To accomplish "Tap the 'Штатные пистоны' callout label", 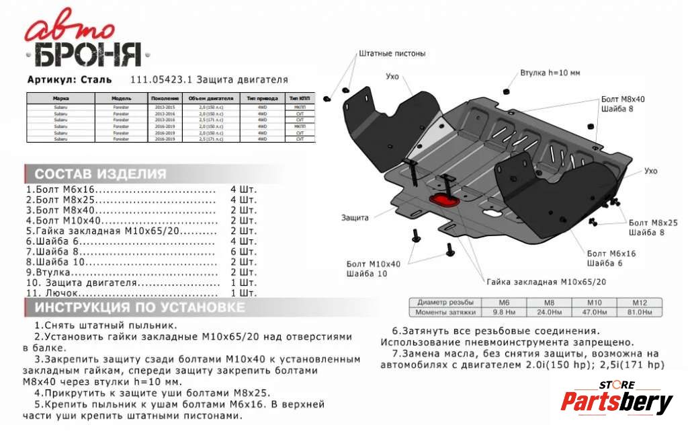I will click(x=392, y=53).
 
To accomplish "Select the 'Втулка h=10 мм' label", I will click(x=550, y=72).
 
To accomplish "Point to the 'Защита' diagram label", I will click(x=354, y=218).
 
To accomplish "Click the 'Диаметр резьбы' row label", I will click(x=445, y=303).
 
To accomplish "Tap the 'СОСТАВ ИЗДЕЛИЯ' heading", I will click(x=100, y=174).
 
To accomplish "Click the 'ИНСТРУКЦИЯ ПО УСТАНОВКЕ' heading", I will click(x=140, y=308).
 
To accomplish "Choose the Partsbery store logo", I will click(x=616, y=399).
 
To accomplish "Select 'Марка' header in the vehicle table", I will click(x=60, y=97).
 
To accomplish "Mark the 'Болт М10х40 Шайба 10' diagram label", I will click(x=373, y=269).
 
